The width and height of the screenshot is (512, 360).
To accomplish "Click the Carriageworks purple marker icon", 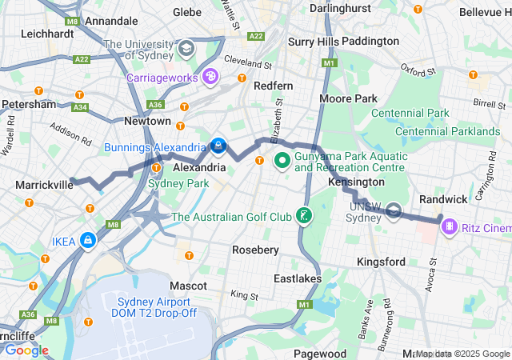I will point(210,77).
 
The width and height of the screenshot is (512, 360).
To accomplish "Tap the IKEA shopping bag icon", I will point(86,241).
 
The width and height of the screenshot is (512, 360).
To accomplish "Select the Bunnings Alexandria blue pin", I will point(218,146).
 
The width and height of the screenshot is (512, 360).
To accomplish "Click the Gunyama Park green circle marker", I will point(282,161).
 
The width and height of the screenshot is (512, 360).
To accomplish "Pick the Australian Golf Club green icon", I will point(303,215).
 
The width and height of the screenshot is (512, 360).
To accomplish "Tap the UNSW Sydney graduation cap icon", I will point(394,211).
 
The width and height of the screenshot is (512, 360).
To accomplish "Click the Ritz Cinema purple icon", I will point(450,227).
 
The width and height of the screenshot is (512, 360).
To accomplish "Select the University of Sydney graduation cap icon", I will point(186,50).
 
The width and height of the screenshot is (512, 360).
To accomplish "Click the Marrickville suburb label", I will point(44,185).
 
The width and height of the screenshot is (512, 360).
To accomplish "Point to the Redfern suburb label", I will point(273,86).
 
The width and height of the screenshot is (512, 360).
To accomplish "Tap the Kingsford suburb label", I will point(381,262).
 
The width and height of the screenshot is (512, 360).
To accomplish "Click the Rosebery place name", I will point(255,250).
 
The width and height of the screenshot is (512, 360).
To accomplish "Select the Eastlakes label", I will point(297,278).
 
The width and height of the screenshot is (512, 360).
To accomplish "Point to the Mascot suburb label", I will point(189,285).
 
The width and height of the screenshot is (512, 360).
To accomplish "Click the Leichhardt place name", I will point(48,34).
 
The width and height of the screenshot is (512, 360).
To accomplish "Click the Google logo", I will point(26,350).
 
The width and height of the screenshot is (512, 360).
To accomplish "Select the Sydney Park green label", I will point(178,183).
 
